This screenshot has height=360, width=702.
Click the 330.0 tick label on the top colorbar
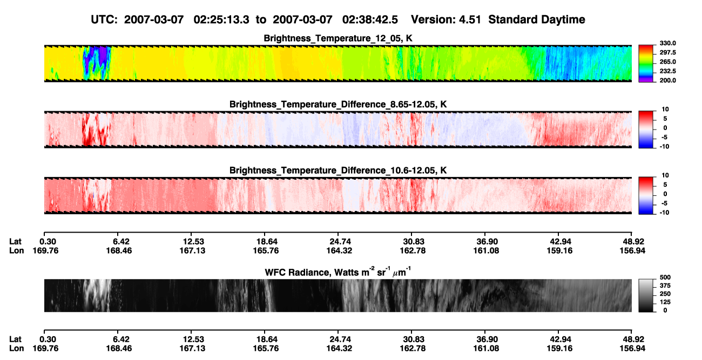[667, 43]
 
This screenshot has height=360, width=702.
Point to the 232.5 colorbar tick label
[667, 71]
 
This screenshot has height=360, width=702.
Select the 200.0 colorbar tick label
[667, 80]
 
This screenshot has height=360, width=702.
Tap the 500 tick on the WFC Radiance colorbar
[665, 277]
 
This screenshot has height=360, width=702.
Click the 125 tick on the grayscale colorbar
[665, 302]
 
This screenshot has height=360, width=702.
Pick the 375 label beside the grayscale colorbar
[665, 286]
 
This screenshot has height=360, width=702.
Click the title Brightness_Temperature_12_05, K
[338, 38]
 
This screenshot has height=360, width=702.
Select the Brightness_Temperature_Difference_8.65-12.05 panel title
[338, 104]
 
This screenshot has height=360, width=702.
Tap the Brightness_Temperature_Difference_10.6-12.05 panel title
[338, 171]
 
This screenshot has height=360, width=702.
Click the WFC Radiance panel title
[338, 272]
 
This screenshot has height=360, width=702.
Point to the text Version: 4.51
[446, 20]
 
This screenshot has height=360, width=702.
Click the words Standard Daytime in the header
[537, 20]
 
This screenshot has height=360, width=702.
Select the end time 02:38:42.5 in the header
[370, 20]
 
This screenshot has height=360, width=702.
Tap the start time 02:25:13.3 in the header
[221, 20]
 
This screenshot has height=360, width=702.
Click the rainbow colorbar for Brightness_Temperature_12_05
[646, 64]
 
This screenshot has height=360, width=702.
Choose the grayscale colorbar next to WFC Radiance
[646, 295]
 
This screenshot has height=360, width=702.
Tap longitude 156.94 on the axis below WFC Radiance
[632, 349]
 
